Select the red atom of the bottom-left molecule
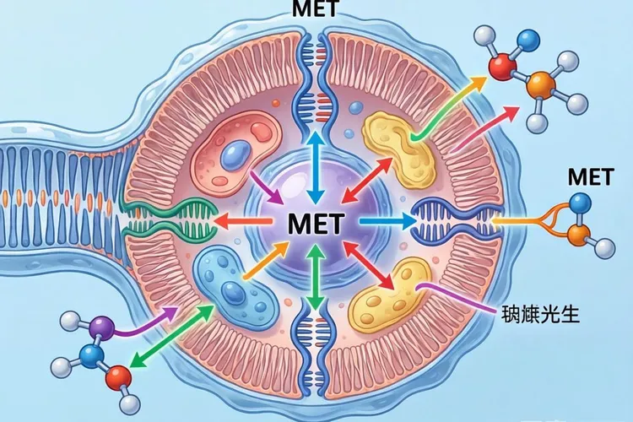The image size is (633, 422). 120,375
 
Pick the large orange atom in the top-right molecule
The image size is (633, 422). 539,84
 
